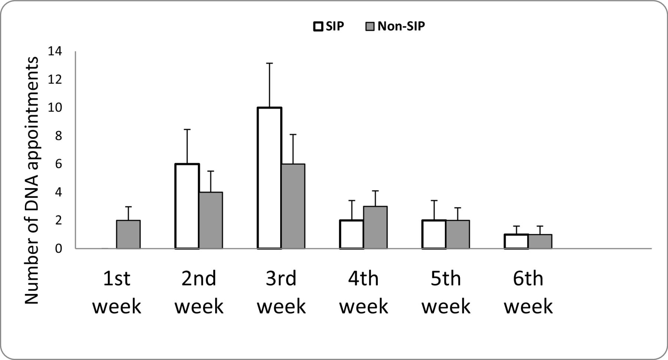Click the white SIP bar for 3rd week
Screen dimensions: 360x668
click(269, 178)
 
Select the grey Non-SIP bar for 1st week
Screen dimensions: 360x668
click(128, 235)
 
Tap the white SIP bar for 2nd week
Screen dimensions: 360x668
click(187, 206)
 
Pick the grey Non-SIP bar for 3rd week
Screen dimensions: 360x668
click(293, 206)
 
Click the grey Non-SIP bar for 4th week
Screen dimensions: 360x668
click(375, 228)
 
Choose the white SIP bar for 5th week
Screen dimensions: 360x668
click(434, 235)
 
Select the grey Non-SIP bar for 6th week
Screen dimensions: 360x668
click(540, 242)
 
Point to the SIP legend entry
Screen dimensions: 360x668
click(329, 26)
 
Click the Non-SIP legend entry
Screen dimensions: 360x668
click(396, 26)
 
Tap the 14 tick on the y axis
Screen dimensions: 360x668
click(55, 52)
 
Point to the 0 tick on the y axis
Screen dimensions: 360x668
click(58, 249)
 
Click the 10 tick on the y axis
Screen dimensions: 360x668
click(55, 108)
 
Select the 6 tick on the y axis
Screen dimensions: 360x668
click(58, 164)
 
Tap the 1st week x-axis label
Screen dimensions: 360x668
click(117, 292)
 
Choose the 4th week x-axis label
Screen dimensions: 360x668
click(363, 292)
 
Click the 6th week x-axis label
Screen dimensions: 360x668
click(528, 292)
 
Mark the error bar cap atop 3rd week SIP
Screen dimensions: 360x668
click(269, 63)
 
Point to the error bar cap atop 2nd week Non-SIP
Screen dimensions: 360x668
click(211, 171)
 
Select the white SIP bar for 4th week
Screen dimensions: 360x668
click(351, 235)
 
